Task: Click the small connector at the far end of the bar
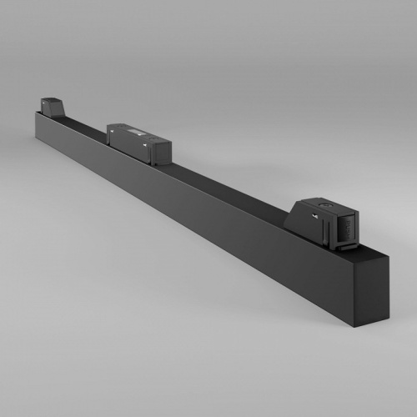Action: pos(52,106)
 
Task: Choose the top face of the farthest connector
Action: pos(53,100)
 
